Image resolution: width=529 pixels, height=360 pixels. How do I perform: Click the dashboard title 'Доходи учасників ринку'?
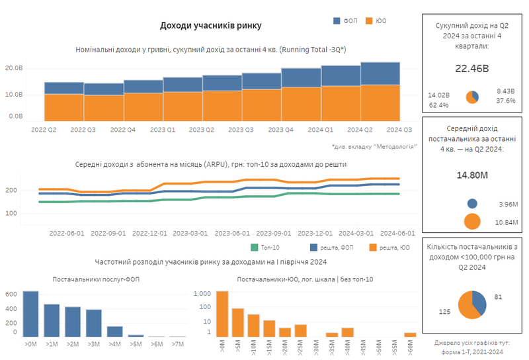[210, 25]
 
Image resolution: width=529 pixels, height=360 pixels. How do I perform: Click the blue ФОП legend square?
[337, 21]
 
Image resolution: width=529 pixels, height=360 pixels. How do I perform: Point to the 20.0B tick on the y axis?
[14, 68]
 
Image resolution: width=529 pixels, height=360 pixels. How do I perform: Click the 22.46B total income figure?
[471, 68]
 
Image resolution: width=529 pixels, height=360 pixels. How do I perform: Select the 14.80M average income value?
[471, 176]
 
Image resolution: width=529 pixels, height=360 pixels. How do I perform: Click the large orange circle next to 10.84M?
[472, 222]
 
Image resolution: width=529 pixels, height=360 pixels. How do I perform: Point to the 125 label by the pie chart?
[445, 310]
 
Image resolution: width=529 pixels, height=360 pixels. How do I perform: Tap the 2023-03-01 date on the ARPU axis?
[191, 233]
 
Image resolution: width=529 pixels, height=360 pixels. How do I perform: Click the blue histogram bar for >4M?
[115, 331]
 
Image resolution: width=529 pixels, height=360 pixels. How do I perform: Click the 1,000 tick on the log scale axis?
[202, 293]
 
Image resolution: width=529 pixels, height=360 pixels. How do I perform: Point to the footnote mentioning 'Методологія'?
[373, 146]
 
